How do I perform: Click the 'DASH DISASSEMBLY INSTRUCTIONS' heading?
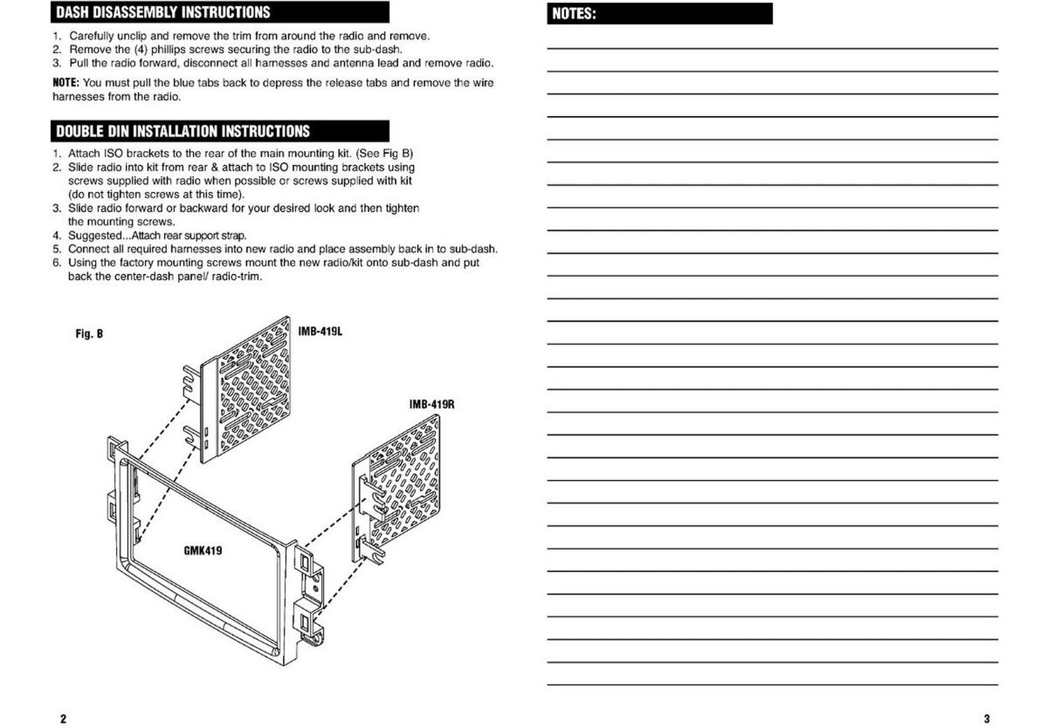pyautogui.click(x=163, y=13)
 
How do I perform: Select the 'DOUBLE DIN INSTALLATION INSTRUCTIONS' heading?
pyautogui.click(x=182, y=131)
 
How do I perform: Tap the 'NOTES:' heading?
pyautogui.click(x=574, y=14)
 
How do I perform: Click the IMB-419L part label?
pyautogui.click(x=320, y=331)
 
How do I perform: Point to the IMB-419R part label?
pyautogui.click(x=431, y=405)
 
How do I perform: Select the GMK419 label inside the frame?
pyautogui.click(x=203, y=551)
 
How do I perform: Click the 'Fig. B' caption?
pyautogui.click(x=89, y=334)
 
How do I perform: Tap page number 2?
pyautogui.click(x=63, y=719)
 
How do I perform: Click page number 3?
pyautogui.click(x=987, y=719)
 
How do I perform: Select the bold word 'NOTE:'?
pyautogui.click(x=66, y=83)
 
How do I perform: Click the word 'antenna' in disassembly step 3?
pyautogui.click(x=352, y=63)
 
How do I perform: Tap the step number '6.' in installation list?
pyautogui.click(x=57, y=263)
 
